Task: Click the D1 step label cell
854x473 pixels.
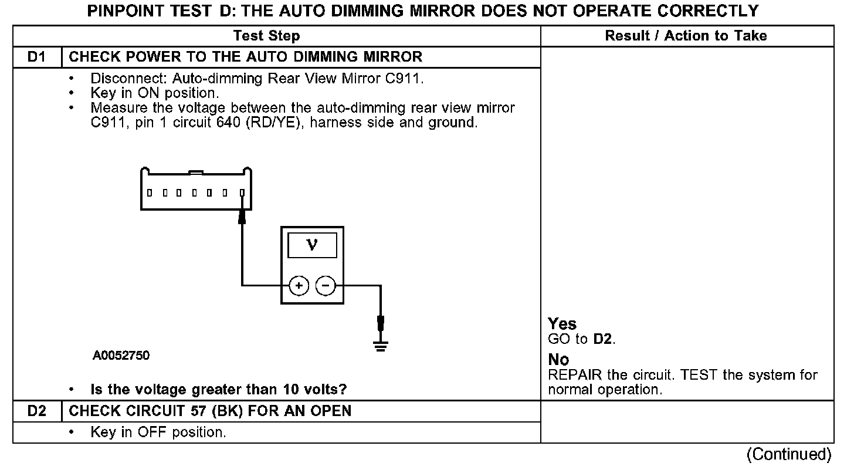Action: point(36,57)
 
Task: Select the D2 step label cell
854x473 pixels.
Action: point(36,411)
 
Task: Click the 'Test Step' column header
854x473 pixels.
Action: point(266,36)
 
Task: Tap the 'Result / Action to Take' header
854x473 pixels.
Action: point(686,36)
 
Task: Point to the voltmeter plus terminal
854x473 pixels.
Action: point(299,286)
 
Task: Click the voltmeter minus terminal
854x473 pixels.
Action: point(326,286)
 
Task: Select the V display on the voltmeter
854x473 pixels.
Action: point(312,245)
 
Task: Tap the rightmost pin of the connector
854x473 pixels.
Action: point(242,192)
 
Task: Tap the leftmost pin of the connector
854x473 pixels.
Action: point(150,192)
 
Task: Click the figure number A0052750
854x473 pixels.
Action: point(121,356)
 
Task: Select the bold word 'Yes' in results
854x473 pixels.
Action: point(562,324)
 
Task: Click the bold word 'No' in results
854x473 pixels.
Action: point(558,360)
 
